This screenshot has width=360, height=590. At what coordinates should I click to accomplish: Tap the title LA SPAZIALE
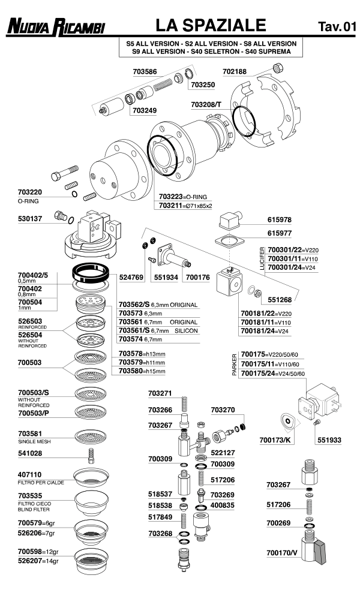210,25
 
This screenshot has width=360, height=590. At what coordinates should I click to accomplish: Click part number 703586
145,71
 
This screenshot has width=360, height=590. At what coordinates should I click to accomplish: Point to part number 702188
235,71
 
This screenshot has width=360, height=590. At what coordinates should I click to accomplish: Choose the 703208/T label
206,104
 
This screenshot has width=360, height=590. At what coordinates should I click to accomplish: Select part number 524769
131,278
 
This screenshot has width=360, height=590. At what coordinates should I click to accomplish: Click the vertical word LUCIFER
262,257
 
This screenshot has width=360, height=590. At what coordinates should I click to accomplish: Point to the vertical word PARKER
235,363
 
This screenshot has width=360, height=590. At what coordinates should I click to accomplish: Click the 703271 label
160,393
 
